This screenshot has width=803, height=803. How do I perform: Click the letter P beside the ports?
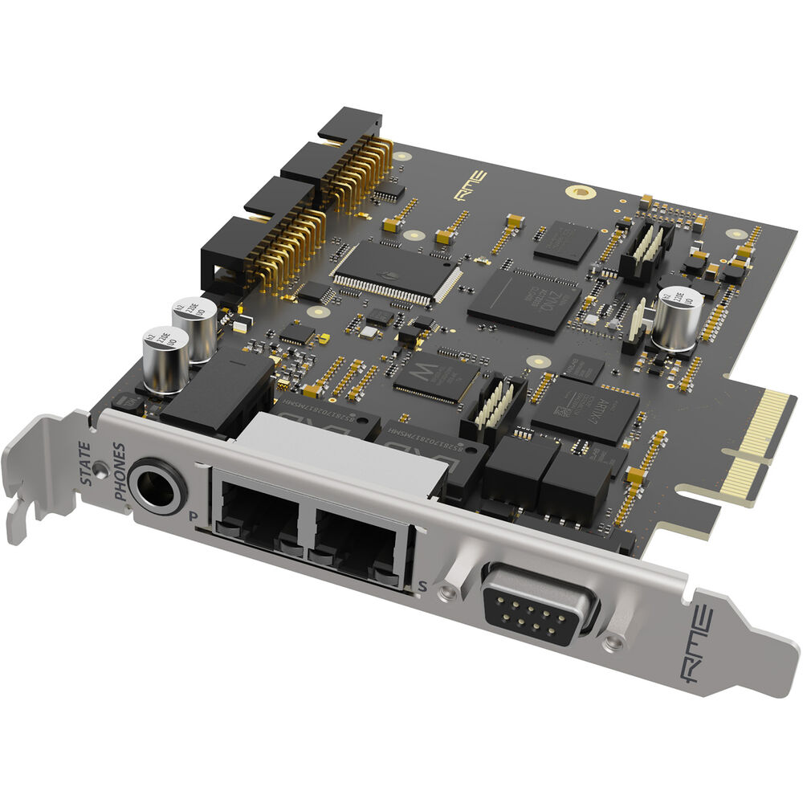[193, 516]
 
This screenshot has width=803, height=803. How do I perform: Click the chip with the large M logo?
[438, 376]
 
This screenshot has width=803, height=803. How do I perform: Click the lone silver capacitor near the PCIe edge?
[678, 318]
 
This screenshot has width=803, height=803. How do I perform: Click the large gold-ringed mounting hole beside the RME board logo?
[577, 193]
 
